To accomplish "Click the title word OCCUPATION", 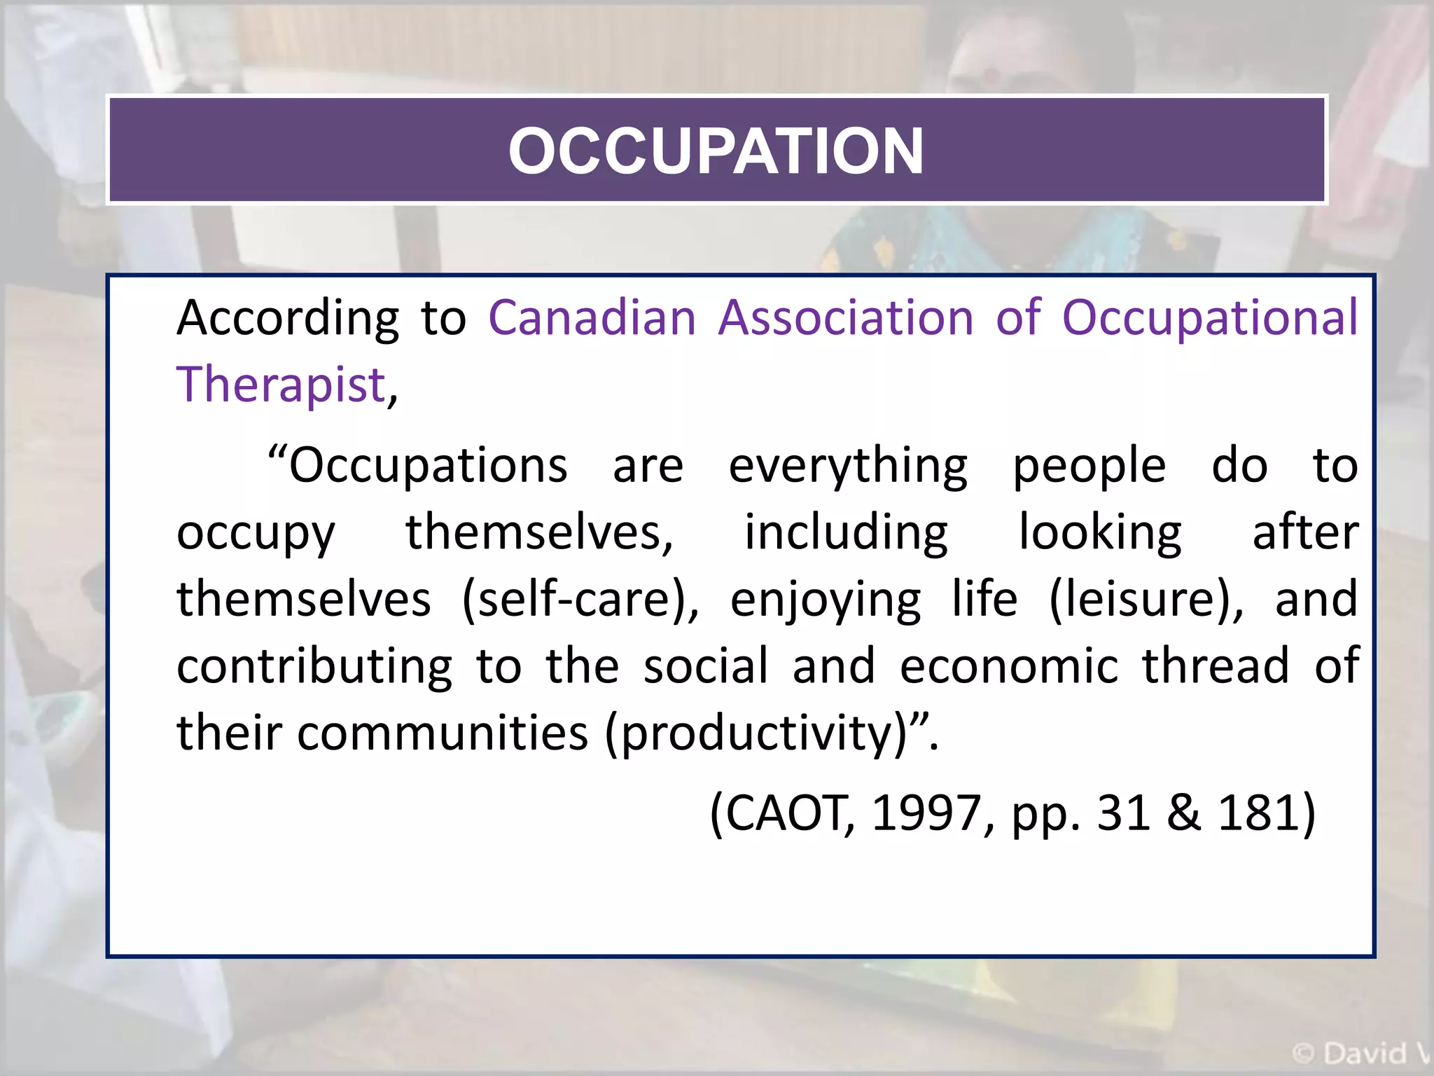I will point(716,151).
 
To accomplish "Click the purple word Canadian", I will point(592,318).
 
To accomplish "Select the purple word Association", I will point(846,318).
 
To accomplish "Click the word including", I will point(846,533).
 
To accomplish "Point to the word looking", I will point(1100,533).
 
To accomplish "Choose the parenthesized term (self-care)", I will point(580,600).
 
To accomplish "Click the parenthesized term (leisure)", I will point(1146,600).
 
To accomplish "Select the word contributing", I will point(314,667).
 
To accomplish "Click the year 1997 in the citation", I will point(926,813).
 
